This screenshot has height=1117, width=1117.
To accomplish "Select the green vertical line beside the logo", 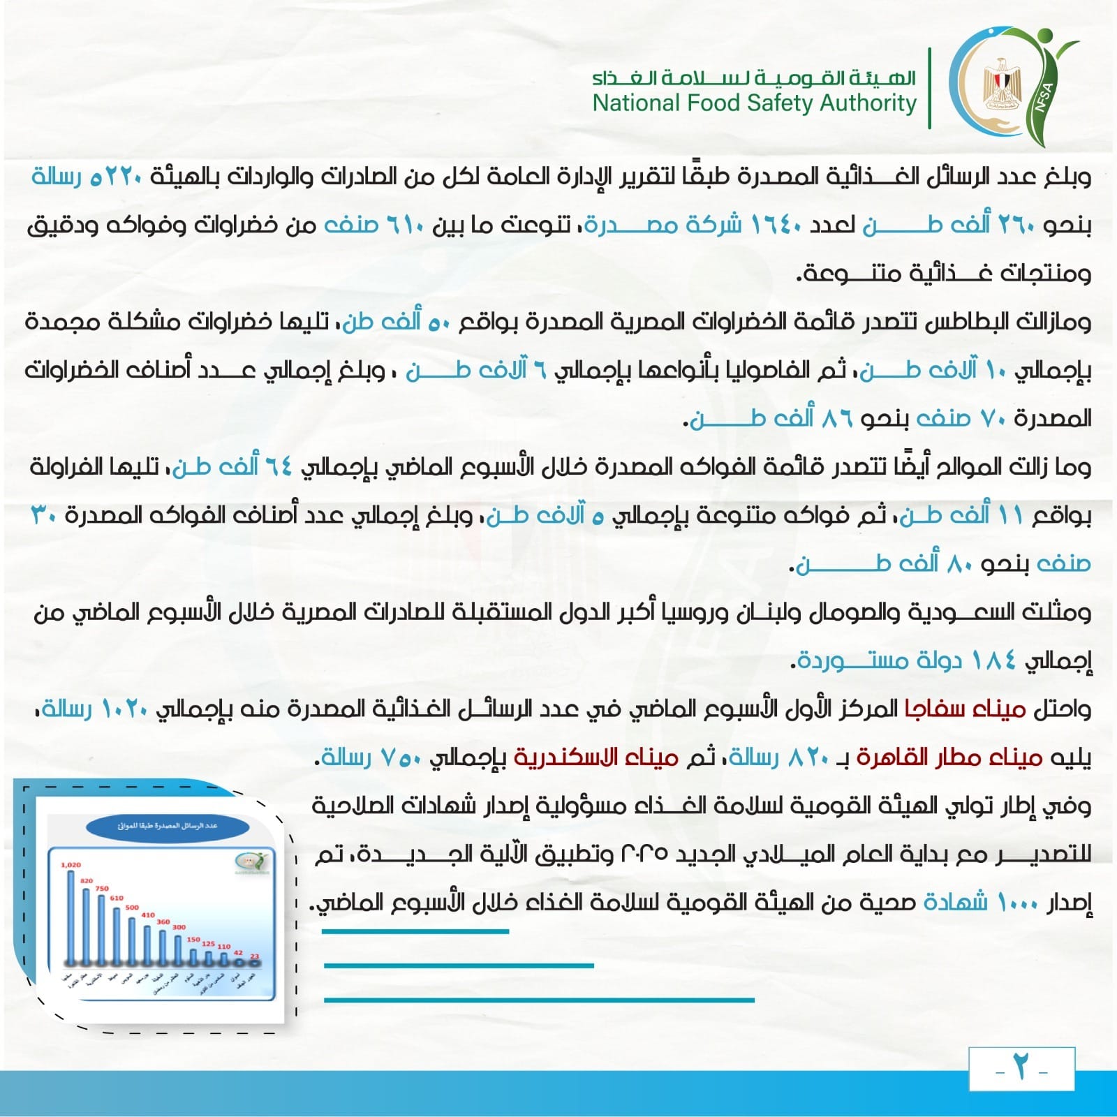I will (x=930, y=89).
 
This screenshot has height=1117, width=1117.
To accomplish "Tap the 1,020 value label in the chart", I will (x=71, y=865).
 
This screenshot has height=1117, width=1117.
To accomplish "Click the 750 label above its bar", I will (x=102, y=888).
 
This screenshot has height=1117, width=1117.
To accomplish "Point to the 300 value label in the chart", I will (x=179, y=927).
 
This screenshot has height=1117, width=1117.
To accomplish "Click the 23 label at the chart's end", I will (x=255, y=956).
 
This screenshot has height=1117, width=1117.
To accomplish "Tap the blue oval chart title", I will (x=168, y=826).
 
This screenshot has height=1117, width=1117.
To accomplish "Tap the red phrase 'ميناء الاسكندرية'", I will (x=596, y=757).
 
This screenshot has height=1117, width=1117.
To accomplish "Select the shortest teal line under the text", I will (x=415, y=931).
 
